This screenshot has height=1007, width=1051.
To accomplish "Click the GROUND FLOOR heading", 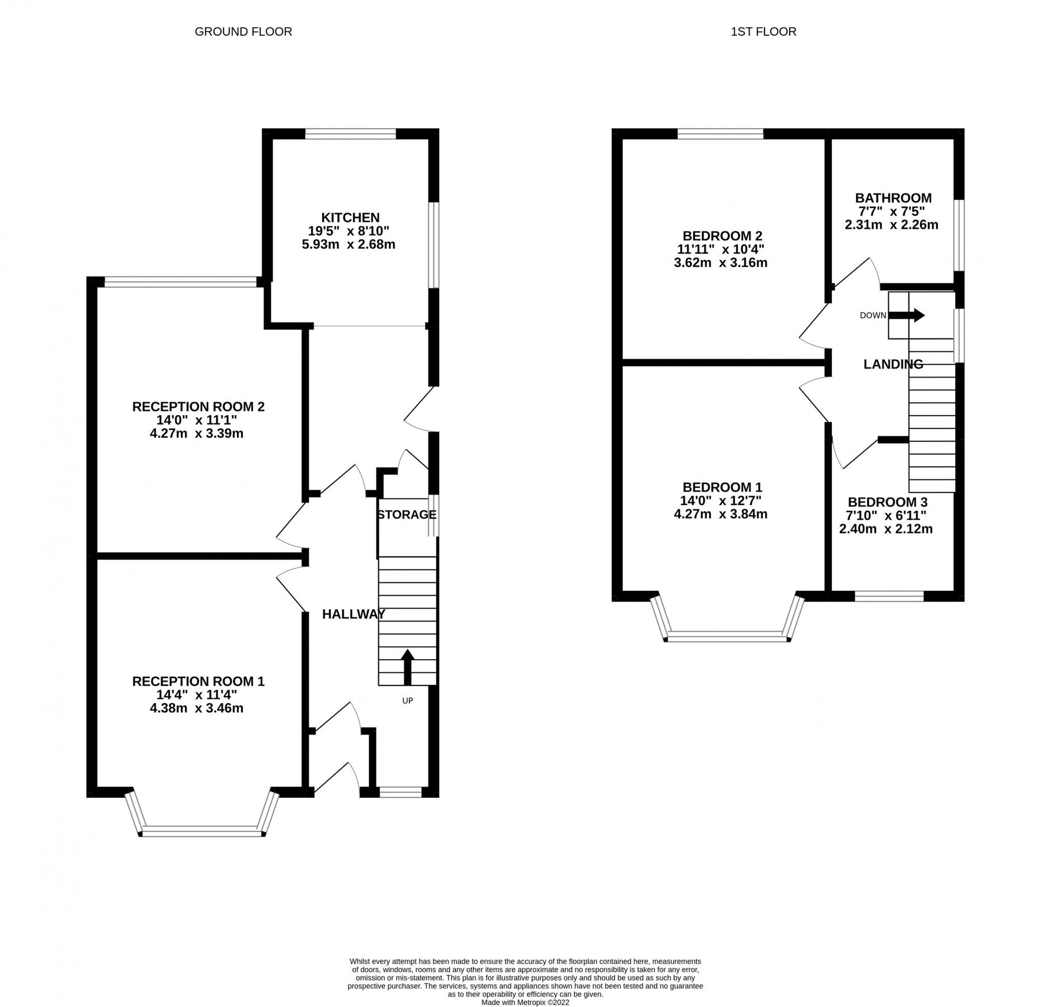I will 243,32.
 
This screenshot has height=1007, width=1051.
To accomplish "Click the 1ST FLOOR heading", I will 763,32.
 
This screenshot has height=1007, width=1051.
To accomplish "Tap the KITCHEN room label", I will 350,217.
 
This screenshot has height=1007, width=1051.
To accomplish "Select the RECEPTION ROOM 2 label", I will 198,407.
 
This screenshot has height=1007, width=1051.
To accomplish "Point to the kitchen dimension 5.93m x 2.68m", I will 348,244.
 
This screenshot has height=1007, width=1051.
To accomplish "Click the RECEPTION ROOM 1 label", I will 198,681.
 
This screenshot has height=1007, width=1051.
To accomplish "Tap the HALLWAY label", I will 354,614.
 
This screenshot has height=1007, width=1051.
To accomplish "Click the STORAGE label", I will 406,515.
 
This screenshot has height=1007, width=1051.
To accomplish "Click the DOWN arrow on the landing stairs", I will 906,316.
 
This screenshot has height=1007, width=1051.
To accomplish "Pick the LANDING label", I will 893,365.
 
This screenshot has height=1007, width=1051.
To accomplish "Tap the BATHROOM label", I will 893,198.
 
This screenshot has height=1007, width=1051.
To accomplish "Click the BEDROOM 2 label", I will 722,236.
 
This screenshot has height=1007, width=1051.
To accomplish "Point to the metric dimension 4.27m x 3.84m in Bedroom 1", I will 720,514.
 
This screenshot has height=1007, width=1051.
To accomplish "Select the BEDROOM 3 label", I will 886,502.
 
